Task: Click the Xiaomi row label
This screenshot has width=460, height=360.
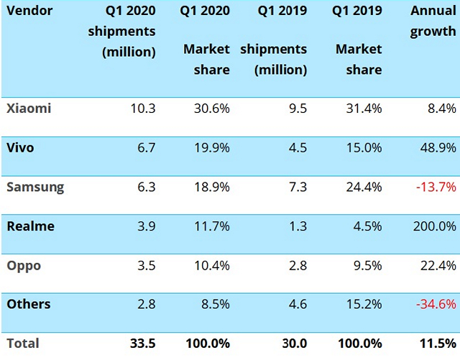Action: tap(29, 109)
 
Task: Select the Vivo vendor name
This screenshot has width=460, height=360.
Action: tap(21, 148)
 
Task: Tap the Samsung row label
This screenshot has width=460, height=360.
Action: tap(35, 188)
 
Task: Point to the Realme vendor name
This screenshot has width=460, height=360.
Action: tap(30, 226)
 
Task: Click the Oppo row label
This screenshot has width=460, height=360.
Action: tap(24, 266)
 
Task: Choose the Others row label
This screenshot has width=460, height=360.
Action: tap(29, 305)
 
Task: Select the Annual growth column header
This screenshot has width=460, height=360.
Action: tap(433, 22)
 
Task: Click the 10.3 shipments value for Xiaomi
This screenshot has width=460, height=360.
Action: tap(142, 109)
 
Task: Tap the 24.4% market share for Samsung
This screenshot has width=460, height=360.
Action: tap(364, 188)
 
